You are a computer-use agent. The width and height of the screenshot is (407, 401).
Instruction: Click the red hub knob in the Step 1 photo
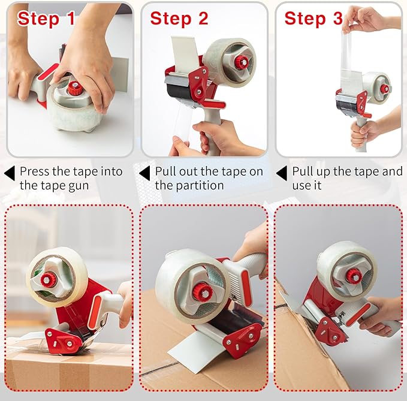click(75, 88)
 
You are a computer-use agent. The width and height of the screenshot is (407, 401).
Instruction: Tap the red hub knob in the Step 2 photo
click(241, 62)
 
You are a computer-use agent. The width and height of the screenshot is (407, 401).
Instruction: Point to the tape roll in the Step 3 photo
click(376, 88)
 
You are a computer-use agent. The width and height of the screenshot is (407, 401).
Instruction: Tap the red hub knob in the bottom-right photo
click(354, 275)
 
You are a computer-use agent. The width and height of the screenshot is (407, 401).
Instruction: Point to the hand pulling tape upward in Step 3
click(365, 17)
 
